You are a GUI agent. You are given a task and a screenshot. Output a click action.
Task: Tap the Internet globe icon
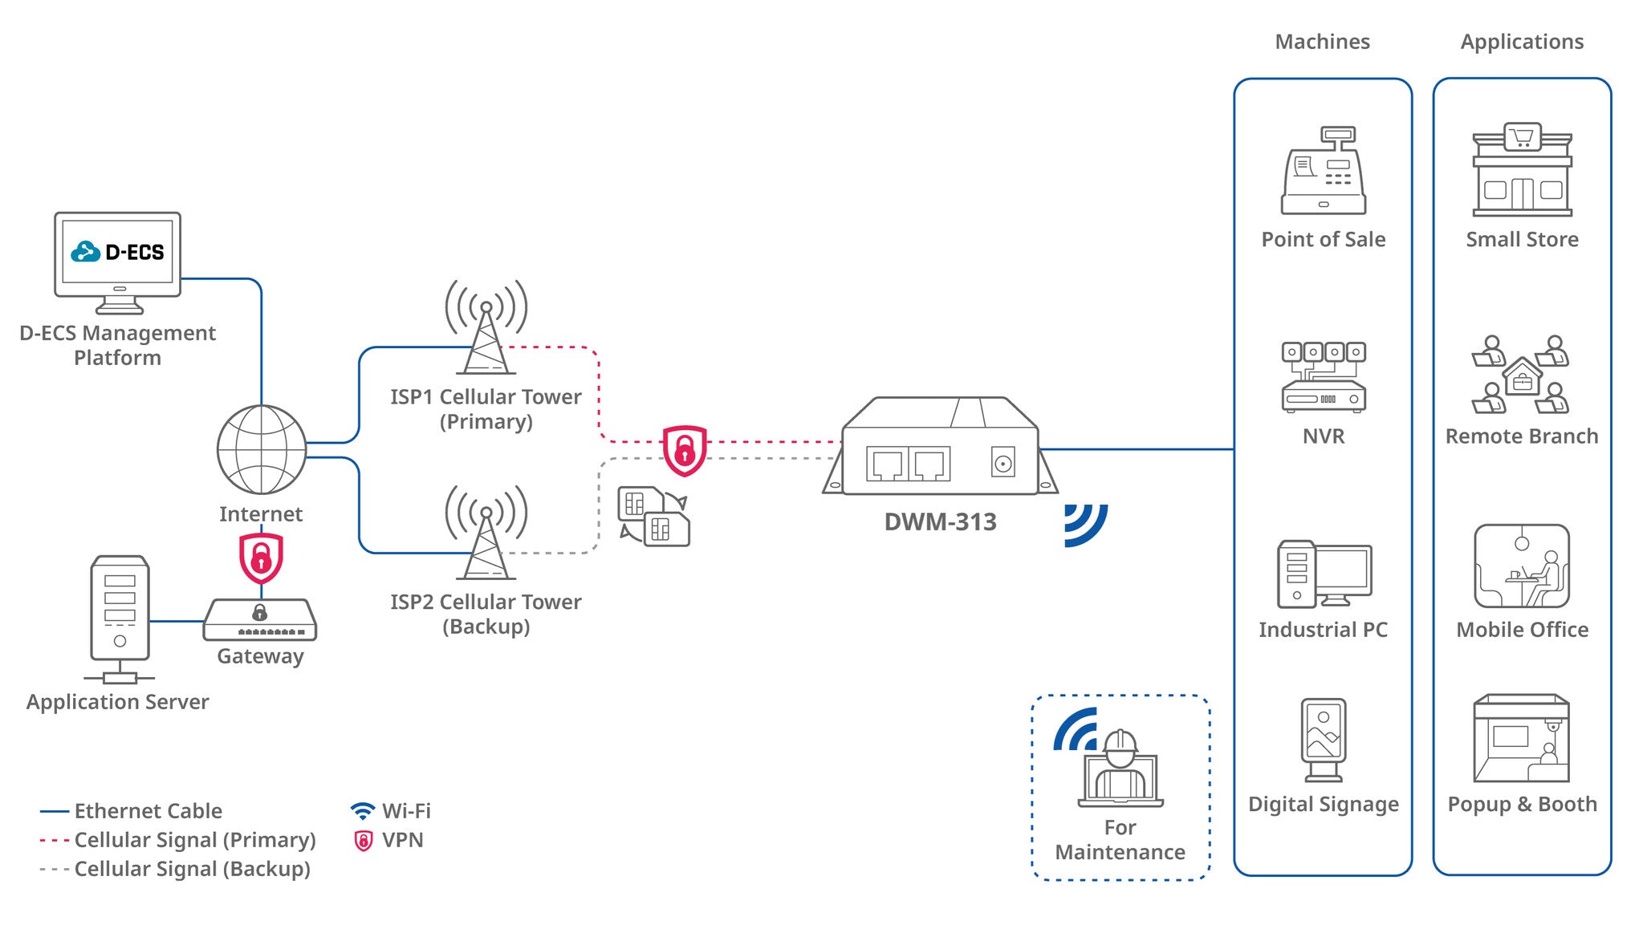click(x=262, y=449)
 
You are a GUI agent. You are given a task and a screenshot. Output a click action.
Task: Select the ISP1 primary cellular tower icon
click(x=486, y=329)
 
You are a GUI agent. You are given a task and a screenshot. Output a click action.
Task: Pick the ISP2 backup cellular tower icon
click(x=486, y=533)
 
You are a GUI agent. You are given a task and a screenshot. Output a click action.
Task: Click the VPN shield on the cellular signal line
click(x=685, y=450)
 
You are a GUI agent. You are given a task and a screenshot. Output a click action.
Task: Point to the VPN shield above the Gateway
click(x=261, y=558)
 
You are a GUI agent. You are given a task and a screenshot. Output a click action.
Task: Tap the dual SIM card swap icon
click(x=653, y=516)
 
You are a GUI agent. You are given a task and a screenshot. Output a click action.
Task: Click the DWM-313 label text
click(x=940, y=522)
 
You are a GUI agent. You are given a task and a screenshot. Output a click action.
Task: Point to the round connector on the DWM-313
click(x=1002, y=463)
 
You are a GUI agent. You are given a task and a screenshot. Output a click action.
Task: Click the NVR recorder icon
click(x=1323, y=377)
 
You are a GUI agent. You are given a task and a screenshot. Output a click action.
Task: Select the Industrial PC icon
click(x=1324, y=574)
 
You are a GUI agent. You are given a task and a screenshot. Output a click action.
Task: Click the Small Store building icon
click(x=1522, y=170)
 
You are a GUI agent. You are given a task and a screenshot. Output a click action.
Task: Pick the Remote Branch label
click(x=1522, y=436)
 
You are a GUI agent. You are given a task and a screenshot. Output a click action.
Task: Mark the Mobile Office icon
click(x=1522, y=566)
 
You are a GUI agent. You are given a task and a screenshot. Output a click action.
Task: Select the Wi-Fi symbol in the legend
click(x=363, y=811)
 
